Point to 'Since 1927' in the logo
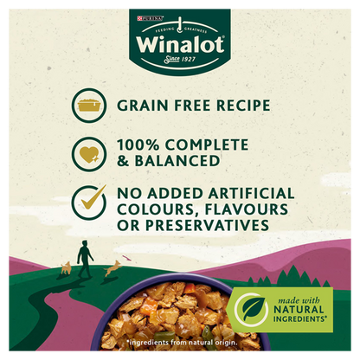click(180, 61)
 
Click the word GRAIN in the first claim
click(143, 106)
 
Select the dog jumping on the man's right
click(111, 270)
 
